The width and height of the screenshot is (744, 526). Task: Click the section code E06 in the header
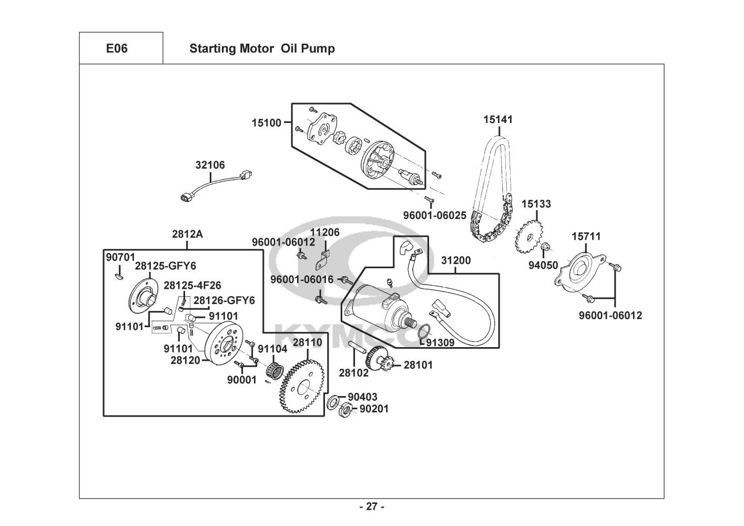point(117,48)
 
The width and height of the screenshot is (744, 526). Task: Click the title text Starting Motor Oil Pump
point(262,48)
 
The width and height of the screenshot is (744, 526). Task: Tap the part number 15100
point(267,123)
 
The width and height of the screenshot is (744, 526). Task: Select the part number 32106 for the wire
point(210,165)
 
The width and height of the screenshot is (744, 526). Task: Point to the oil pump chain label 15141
point(498,119)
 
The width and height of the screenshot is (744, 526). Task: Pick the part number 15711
point(586,236)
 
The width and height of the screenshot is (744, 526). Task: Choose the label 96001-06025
point(434,216)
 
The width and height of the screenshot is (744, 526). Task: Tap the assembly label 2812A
point(187,234)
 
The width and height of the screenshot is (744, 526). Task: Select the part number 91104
point(272,348)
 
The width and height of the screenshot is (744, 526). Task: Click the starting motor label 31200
point(456,260)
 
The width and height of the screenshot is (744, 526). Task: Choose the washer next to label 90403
point(333,403)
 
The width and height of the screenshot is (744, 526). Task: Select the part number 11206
point(324,232)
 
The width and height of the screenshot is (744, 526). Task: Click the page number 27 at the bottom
point(372,507)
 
